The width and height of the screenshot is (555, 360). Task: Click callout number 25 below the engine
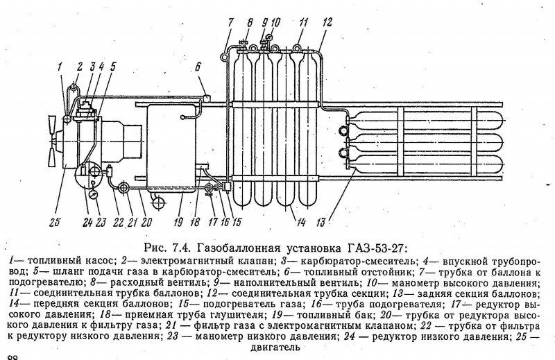tap(55, 222)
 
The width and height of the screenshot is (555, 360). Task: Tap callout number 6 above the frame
tap(198, 67)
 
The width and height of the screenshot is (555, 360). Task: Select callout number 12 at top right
tap(327, 22)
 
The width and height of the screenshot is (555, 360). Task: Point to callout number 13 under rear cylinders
tap(321, 222)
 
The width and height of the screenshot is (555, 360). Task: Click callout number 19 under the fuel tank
tap(178, 222)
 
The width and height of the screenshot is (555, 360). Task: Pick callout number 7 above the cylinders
tap(231, 22)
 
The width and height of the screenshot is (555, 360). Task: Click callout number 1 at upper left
tap(60, 67)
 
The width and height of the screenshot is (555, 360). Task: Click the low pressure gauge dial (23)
tap(93, 195)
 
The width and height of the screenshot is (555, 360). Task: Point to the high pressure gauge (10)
tap(271, 36)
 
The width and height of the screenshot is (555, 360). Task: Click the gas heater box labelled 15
tap(227, 186)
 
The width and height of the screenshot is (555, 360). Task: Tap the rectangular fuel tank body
tap(171, 148)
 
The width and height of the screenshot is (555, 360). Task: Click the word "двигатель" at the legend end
tap(275, 347)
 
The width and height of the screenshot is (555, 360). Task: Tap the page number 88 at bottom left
tap(12, 357)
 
